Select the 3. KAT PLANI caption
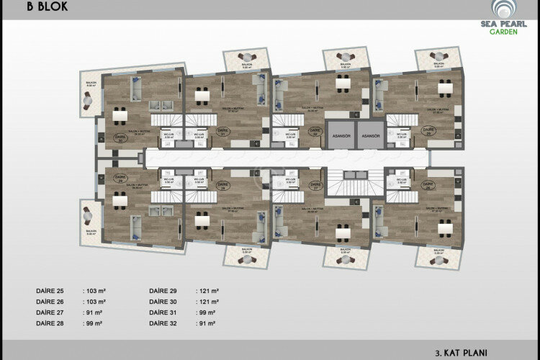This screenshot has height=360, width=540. (461, 353)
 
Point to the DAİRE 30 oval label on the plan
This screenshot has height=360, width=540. (120, 140)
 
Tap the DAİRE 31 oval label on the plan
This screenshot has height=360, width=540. (202, 132)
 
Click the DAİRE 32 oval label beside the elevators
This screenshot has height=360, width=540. (314, 131)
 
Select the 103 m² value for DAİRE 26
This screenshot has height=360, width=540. (95, 302)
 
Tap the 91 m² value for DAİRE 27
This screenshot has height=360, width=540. (93, 314)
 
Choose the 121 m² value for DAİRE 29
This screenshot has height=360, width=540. (207, 291)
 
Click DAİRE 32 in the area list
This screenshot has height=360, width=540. (164, 325)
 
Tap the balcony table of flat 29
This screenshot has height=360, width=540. (89, 215)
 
